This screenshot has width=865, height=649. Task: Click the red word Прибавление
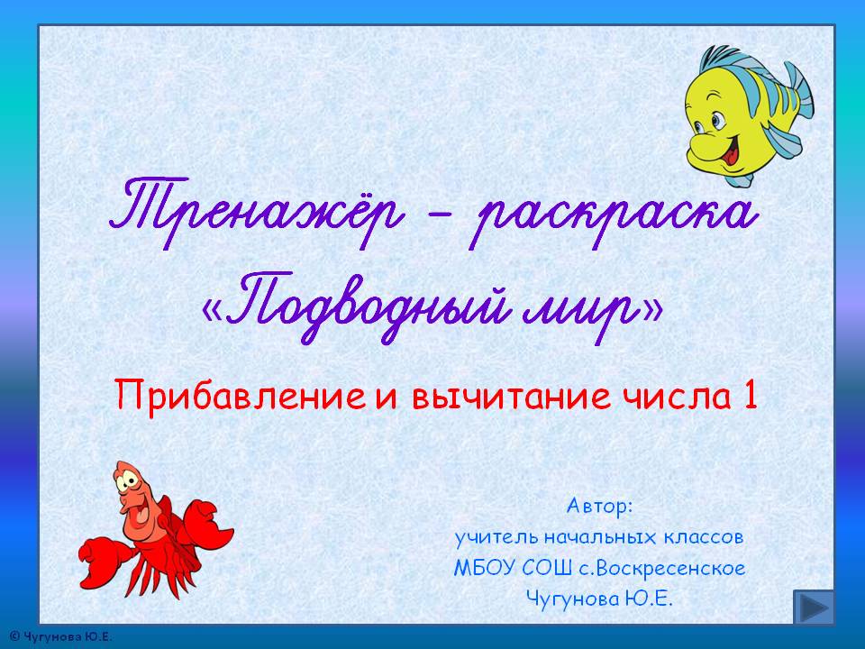click(241, 396)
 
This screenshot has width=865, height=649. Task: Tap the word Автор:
click(600, 506)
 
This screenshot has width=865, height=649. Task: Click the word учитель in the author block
click(497, 537)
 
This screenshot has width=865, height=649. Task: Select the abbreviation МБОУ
click(485, 568)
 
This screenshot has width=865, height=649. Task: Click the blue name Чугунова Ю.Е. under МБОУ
click(599, 599)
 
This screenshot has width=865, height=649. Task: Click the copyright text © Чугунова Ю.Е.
click(60, 637)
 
